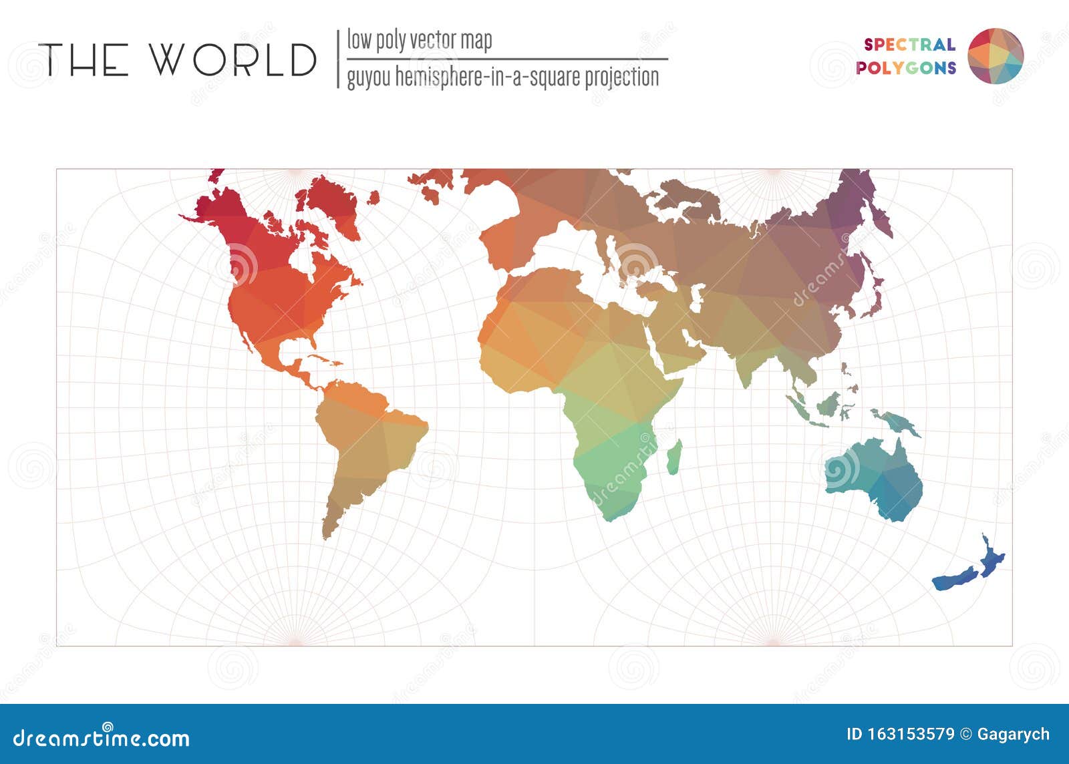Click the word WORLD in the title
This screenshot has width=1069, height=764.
click(x=232, y=59)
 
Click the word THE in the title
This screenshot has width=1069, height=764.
click(x=84, y=59)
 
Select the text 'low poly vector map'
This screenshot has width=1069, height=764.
click(x=419, y=40)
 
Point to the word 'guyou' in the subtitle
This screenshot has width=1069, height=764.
click(x=368, y=77)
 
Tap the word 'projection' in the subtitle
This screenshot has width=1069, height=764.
click(x=622, y=77)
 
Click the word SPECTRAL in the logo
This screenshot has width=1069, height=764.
click(x=909, y=45)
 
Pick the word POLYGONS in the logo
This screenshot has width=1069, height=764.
click(x=906, y=68)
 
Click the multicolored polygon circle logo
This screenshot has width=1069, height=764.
click(x=996, y=56)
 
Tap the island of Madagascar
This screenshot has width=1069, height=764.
click(x=675, y=457)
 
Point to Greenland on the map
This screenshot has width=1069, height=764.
click(x=331, y=200)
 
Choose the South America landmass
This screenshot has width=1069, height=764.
click(x=364, y=447)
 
